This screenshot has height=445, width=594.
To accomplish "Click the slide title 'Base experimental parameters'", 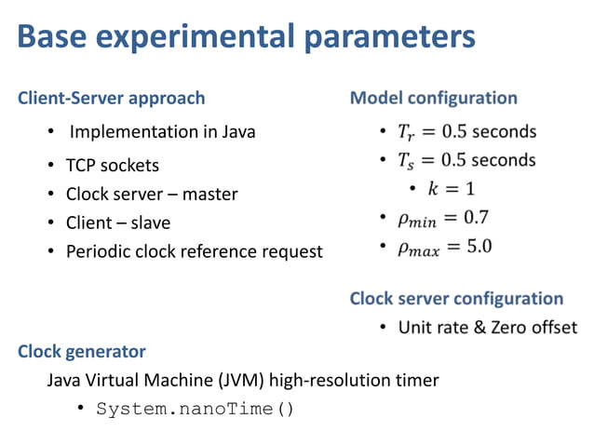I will pyautogui.click(x=247, y=38).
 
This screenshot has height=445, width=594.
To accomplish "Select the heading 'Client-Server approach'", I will pyautogui.click(x=112, y=98).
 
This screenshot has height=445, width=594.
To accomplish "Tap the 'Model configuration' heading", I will pyautogui.click(x=433, y=98).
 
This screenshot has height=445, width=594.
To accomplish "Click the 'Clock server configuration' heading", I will pyautogui.click(x=456, y=299).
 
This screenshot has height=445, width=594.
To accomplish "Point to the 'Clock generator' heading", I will pyautogui.click(x=82, y=351).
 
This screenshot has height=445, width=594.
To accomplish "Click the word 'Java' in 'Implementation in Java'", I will pyautogui.click(x=237, y=131).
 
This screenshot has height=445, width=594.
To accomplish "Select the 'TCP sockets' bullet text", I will pyautogui.click(x=112, y=166).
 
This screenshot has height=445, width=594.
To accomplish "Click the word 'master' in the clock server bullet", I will pyautogui.click(x=209, y=195).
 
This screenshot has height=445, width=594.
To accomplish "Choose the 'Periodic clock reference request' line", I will pyautogui.click(x=194, y=251).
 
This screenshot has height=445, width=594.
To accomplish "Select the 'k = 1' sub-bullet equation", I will pyautogui.click(x=451, y=189).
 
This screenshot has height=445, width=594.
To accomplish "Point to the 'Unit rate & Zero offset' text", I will pyautogui.click(x=487, y=328).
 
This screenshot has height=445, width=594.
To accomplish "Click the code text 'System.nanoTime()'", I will pyautogui.click(x=195, y=409).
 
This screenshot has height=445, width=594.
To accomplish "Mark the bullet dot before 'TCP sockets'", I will pyautogui.click(x=51, y=167).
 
